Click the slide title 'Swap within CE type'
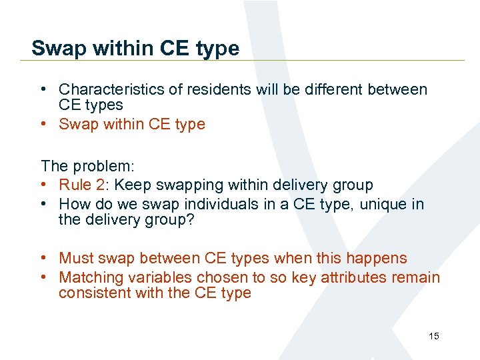pyautogui.click(x=135, y=48)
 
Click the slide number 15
pyautogui.click(x=433, y=336)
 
